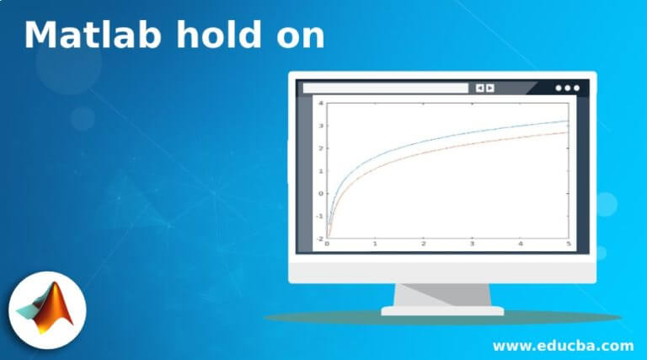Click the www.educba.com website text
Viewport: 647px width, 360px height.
pyautogui.click(x=563, y=346)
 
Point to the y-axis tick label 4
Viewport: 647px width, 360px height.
pyautogui.click(x=321, y=103)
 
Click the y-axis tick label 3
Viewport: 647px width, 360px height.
pyautogui.click(x=321, y=126)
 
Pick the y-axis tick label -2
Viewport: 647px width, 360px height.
pyautogui.click(x=319, y=239)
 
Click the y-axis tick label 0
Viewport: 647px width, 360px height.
pyautogui.click(x=321, y=193)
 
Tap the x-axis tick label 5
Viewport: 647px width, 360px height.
pyautogui.click(x=569, y=244)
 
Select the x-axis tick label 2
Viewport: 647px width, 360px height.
pyautogui.click(x=424, y=244)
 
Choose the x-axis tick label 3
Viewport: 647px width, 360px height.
pyautogui.click(x=472, y=244)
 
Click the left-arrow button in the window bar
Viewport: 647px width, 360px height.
pyautogui.click(x=479, y=88)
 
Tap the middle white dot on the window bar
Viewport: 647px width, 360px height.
pyautogui.click(x=567, y=88)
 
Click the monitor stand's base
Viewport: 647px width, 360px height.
pyautogui.click(x=442, y=310)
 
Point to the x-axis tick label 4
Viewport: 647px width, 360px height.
pyautogui.click(x=521, y=244)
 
